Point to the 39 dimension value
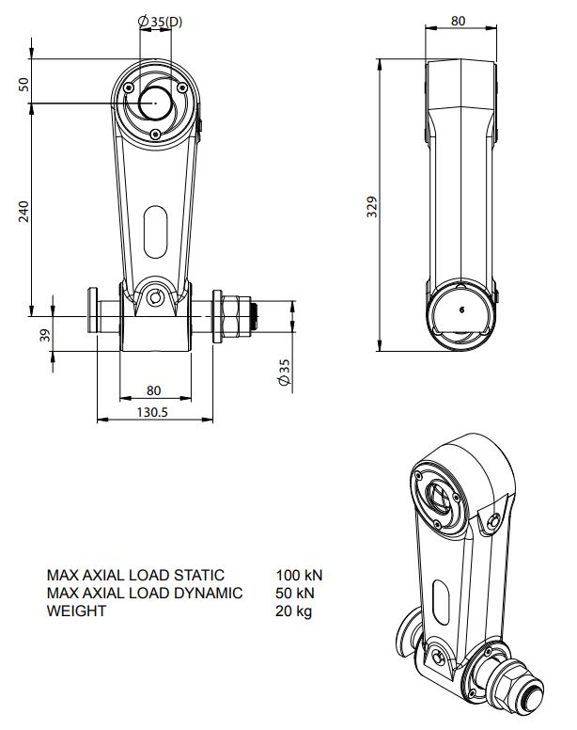[43, 334]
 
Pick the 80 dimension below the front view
[154, 390]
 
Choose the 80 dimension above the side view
[459, 19]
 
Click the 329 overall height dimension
[371, 206]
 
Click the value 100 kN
[300, 574]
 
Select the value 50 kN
[296, 593]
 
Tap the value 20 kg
[294, 611]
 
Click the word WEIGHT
[76, 611]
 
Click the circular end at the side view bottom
[461, 311]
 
